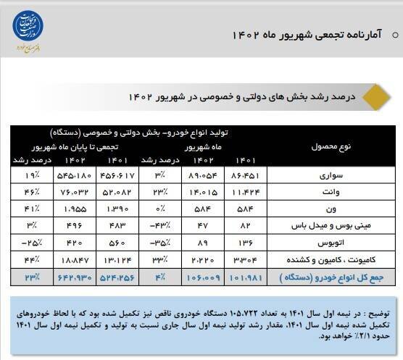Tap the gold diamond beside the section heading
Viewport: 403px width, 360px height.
point(370,96)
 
